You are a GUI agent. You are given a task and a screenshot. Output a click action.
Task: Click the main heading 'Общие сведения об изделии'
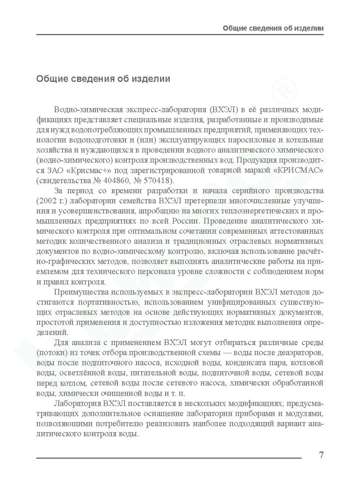103,79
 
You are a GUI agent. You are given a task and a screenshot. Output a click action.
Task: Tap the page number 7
321,455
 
